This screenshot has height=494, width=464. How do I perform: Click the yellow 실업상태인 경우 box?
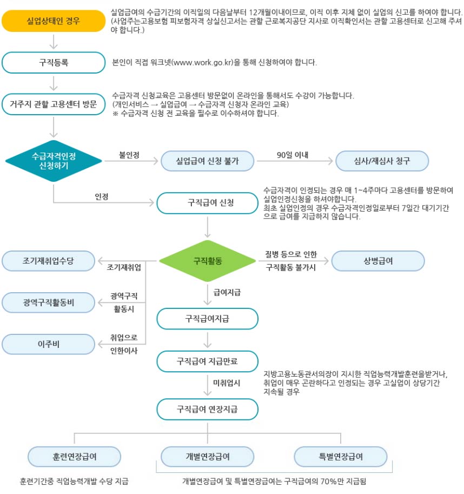pos(53,21)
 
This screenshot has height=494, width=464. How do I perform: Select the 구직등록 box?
pos(53,62)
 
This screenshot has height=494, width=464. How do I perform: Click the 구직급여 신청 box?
pos(207,203)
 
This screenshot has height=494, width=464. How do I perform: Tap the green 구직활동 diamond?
pos(207,261)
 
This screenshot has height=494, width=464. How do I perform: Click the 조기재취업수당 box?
pos(48,261)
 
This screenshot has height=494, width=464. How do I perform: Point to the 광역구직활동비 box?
pos(48,302)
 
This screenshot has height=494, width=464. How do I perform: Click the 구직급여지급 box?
pos(207,319)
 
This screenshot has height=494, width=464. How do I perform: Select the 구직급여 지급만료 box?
pos(207,361)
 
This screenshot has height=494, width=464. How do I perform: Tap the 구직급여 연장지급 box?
pos(207,409)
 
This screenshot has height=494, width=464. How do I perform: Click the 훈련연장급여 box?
pos(75,456)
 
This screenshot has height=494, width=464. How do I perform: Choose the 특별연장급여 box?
pos(341,456)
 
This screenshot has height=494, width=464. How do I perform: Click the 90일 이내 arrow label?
pos(292,155)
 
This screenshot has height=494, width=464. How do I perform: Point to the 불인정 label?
pos(129,155)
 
